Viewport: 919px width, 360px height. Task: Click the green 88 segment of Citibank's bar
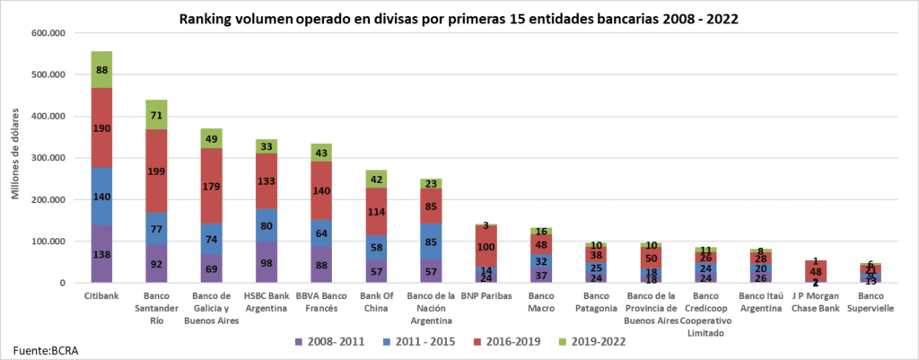click(x=101, y=69)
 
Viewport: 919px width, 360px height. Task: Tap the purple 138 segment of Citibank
click(x=101, y=255)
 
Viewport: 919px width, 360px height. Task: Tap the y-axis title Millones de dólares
click(x=14, y=158)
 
